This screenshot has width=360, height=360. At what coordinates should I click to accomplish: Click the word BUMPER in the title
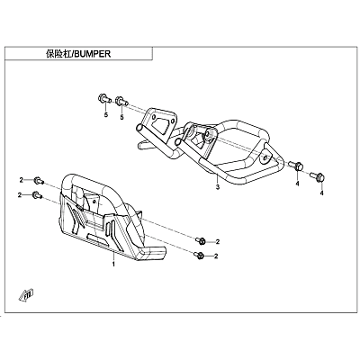point(92,54)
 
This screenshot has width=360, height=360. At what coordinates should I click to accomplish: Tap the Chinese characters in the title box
point(58,54)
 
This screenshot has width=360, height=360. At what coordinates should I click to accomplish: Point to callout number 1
point(113,265)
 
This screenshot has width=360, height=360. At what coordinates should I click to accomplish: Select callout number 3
point(218,187)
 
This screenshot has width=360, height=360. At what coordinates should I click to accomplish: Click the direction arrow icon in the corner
point(27,295)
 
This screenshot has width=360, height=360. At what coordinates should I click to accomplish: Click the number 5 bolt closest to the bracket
point(121,101)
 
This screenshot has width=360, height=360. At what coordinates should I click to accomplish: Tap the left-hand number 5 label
point(106,115)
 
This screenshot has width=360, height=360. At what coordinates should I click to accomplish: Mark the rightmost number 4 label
point(322,193)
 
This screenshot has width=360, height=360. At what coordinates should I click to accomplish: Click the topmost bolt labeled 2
point(39,181)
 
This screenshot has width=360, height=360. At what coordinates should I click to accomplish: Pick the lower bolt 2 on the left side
point(37,195)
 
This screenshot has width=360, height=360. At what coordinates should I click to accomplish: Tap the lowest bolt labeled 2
point(200,256)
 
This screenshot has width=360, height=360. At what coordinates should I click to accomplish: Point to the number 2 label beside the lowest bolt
point(216,256)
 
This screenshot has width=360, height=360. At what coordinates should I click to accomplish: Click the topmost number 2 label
point(21,180)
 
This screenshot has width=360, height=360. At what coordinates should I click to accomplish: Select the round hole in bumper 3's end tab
point(265,158)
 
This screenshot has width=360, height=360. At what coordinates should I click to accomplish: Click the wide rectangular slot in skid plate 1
point(97,239)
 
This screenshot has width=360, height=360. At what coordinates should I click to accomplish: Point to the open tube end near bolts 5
point(139,129)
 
